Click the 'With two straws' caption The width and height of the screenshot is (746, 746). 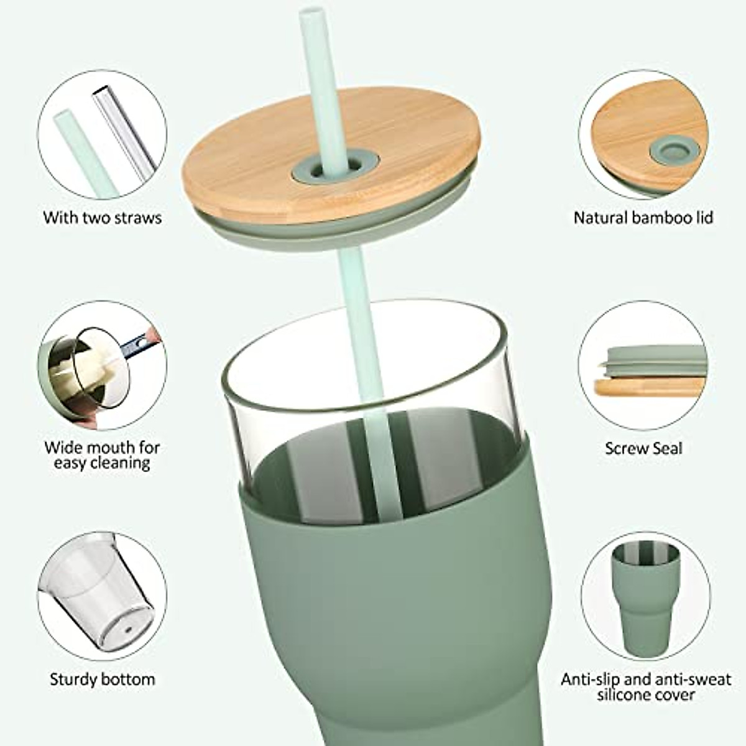pos(102,218)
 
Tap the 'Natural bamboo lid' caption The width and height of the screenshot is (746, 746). pos(643,218)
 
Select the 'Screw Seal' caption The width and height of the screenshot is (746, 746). pos(643,448)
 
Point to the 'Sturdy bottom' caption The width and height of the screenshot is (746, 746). pos(102,679)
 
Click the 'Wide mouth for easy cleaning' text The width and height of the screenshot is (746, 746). pos(102,455)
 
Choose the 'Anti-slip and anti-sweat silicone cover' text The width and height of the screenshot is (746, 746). pos(646,686)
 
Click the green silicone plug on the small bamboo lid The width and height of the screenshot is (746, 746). pos(674,149)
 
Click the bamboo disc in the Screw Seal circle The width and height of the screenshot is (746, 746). pos(650,386)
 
